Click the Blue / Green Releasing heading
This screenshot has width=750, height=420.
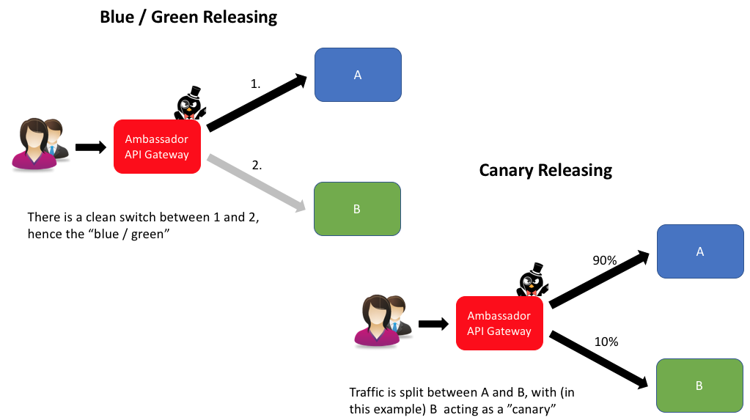[x=188, y=18]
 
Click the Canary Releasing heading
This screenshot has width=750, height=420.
[x=545, y=170]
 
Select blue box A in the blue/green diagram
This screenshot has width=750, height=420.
[x=358, y=75]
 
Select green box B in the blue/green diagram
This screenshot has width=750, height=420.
[x=357, y=209]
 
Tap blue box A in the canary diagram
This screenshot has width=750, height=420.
[x=699, y=251]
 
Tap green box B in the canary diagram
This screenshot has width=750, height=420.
[x=699, y=384]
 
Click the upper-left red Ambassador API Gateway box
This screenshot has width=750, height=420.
[x=157, y=147]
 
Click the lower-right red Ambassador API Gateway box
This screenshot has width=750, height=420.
[x=499, y=323]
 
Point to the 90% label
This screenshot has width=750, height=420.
[x=606, y=259]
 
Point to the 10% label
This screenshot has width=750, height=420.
[x=606, y=342]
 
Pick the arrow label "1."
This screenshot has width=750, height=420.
[x=256, y=84]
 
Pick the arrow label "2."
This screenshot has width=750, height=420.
[x=257, y=166]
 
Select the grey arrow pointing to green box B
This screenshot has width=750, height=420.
[x=257, y=183]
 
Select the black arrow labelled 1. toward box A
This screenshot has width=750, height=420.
[x=257, y=103]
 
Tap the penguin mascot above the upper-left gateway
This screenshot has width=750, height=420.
[x=189, y=104]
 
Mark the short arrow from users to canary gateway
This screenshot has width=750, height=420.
[x=433, y=323]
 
